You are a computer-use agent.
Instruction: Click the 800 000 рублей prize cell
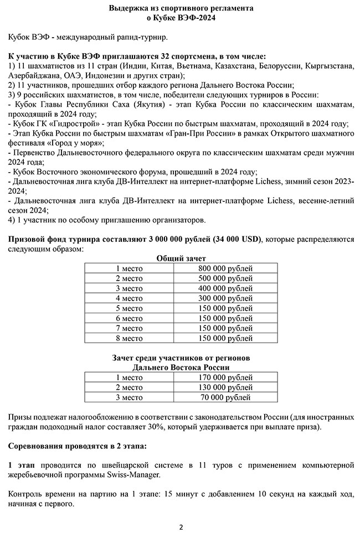click(225, 268)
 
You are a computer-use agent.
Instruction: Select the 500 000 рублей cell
click(225, 278)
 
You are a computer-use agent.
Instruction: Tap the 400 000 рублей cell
click(225, 288)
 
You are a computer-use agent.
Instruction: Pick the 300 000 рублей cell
click(225, 298)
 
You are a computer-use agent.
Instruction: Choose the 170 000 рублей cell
click(225, 377)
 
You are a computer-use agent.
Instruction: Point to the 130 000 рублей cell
click(225, 387)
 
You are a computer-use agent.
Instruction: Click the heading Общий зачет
click(181, 258)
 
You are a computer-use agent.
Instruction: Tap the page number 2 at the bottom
click(181, 526)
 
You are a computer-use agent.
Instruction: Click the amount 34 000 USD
click(235, 239)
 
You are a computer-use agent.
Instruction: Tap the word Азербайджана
click(33, 75)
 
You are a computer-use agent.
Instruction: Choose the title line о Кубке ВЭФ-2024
click(181, 18)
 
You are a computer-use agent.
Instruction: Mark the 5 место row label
click(129, 308)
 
